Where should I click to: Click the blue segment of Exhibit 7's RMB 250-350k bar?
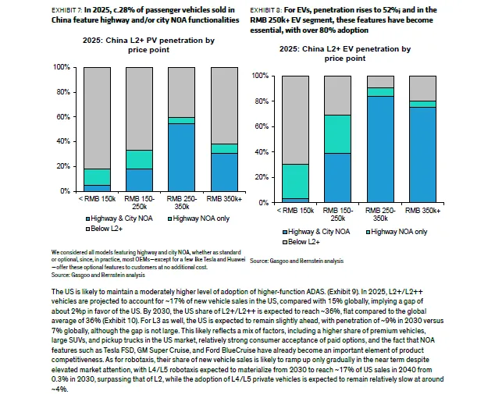pos(181,157)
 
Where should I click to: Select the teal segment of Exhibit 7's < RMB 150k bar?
pos(98,177)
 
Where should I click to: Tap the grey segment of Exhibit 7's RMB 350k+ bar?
pos(224,105)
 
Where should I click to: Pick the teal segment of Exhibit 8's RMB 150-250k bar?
pos(337,134)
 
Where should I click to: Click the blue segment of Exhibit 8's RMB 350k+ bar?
pos(422,155)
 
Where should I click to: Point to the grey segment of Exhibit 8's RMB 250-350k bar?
pos(380,82)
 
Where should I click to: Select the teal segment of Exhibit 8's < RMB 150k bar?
pos(295,181)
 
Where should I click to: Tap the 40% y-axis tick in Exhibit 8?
pos(262,152)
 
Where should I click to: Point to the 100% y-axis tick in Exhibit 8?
pos(260,76)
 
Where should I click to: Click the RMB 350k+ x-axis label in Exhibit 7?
pos(224,199)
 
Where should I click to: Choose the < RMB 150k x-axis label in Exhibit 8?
pos(295,211)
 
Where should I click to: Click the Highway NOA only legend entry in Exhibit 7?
pos(198,219)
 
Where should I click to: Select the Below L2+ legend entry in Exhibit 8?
pos(301,242)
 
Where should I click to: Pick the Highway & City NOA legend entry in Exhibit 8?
pos(316,232)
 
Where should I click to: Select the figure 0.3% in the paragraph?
pos(59,379)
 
